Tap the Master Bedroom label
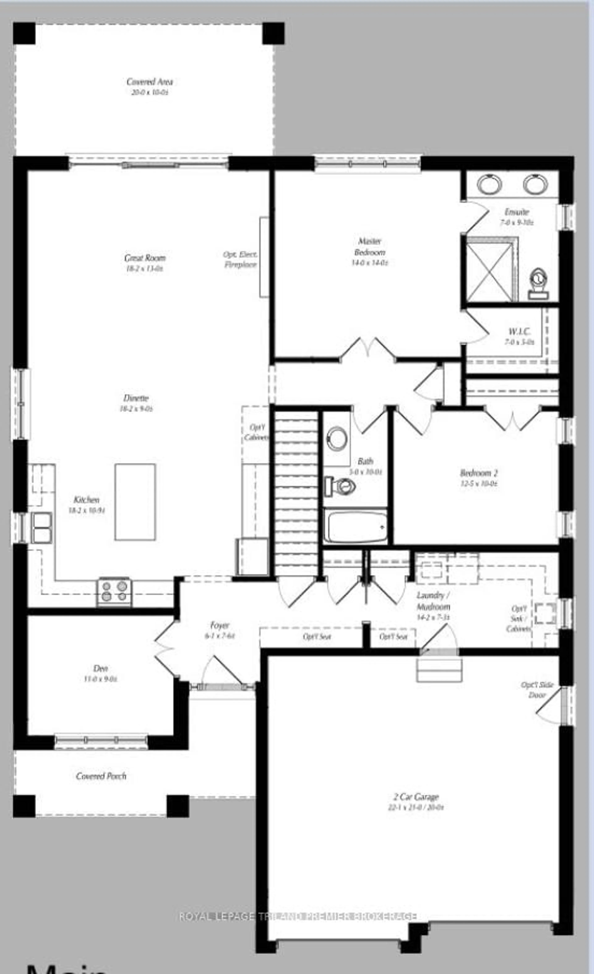pos(370,247)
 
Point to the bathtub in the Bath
pos(355,527)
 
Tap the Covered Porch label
pos(101,776)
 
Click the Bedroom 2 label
pos(479,473)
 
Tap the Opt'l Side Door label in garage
pos(537,690)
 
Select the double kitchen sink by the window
pos(41,528)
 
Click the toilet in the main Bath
pos(340,486)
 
